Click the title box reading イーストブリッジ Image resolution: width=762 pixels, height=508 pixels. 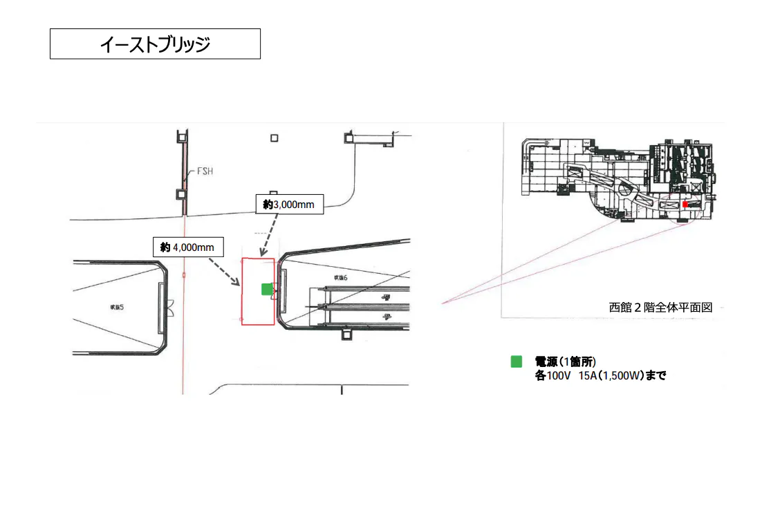pyautogui.click(x=155, y=44)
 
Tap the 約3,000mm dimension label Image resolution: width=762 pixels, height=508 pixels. pyautogui.click(x=289, y=205)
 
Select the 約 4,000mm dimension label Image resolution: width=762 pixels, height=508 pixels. pyautogui.click(x=187, y=247)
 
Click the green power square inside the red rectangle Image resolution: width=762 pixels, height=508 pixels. pyautogui.click(x=267, y=289)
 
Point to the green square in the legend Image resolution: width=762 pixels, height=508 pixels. pyautogui.click(x=516, y=361)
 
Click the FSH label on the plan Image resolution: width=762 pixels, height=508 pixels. pyautogui.click(x=205, y=171)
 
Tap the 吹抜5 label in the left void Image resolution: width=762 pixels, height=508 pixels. pyautogui.click(x=116, y=307)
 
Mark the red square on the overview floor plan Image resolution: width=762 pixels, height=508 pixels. pyautogui.click(x=685, y=205)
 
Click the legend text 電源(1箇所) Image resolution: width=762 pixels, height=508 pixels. pyautogui.click(x=565, y=362)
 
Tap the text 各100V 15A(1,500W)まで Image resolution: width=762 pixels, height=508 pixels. pyautogui.click(x=600, y=376)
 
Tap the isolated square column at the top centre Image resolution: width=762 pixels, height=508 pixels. pyautogui.click(x=275, y=138)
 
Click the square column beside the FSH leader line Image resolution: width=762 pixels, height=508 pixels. pyautogui.click(x=181, y=194)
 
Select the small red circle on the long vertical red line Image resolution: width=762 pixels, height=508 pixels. pyautogui.click(x=184, y=275)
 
